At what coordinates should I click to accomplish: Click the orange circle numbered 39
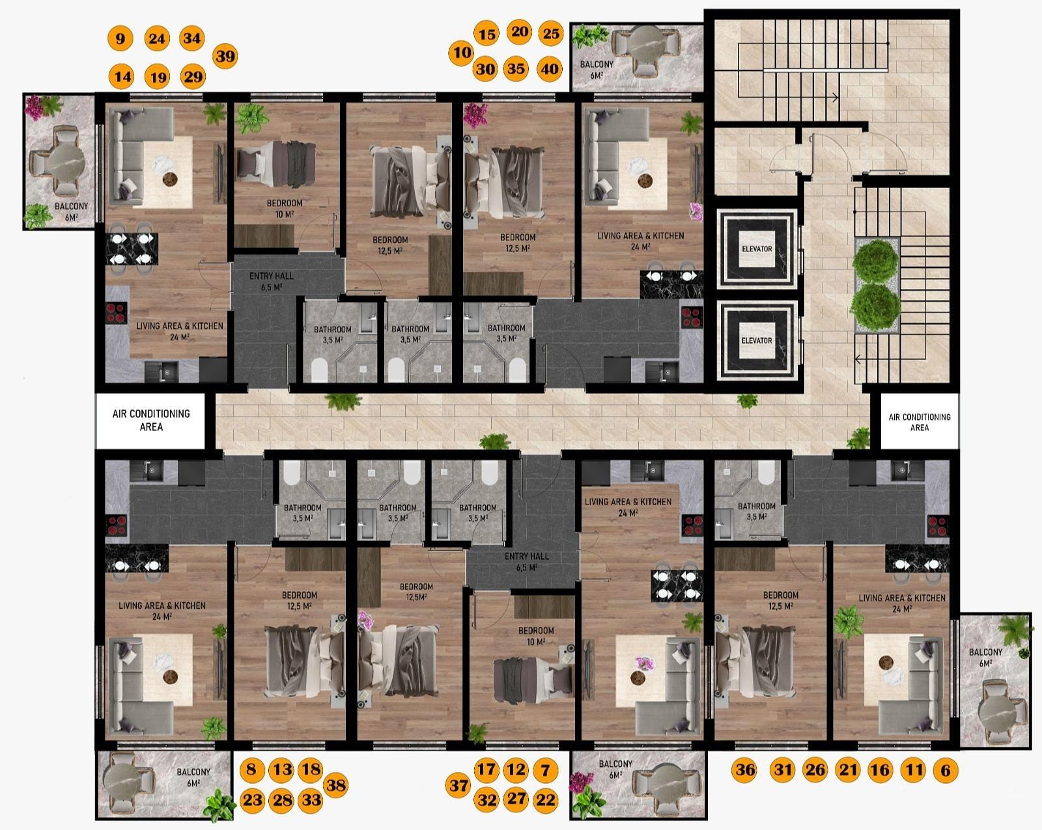[x=225, y=56]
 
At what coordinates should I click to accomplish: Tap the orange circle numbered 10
[x=461, y=52]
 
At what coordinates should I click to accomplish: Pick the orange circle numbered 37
[x=458, y=785]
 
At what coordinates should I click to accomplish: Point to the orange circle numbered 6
[x=945, y=770]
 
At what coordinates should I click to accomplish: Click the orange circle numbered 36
[x=744, y=769]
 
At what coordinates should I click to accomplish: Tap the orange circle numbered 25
[x=550, y=33]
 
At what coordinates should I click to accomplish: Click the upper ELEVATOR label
[x=757, y=249]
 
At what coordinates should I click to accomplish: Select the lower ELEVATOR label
[x=757, y=340]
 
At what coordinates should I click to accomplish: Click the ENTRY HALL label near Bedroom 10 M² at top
[x=272, y=281]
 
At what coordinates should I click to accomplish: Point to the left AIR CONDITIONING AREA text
[x=151, y=420]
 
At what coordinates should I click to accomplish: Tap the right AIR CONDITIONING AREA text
[x=920, y=422]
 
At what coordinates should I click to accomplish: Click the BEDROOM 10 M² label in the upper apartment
[x=285, y=208]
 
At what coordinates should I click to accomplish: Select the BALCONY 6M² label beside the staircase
[x=597, y=69]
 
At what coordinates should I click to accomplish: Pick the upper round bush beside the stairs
[x=875, y=261]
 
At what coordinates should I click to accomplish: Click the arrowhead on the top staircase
[x=836, y=98]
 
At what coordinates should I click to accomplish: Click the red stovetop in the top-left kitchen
[x=116, y=312]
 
